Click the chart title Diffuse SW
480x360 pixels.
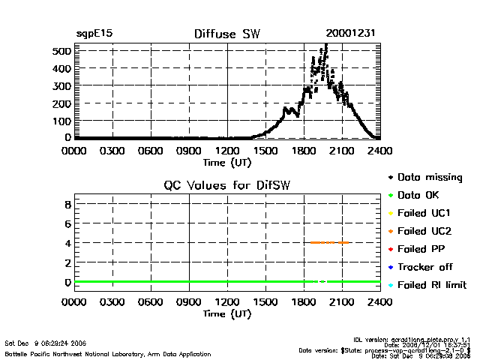(226, 34)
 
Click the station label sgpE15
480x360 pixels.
(94, 34)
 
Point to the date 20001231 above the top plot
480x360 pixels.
(350, 34)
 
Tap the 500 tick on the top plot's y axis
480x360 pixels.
(61, 51)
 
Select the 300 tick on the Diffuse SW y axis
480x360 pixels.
(61, 85)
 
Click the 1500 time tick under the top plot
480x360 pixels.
(265, 150)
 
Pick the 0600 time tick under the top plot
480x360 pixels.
(151, 150)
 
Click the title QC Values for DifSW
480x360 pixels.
(227, 185)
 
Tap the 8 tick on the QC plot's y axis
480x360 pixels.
(67, 204)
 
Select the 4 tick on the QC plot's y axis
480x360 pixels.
(67, 243)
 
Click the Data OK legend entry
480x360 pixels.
(420, 195)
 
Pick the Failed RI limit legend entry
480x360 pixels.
(431, 285)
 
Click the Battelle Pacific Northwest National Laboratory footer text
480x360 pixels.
(108, 353)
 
